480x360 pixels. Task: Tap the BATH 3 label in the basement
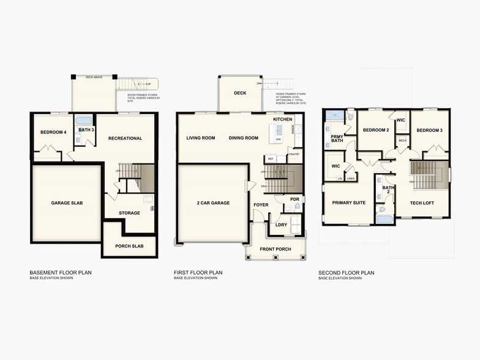pos(85,130)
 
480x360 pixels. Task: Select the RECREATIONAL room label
pos(125,138)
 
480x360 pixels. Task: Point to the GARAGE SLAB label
pos(67,203)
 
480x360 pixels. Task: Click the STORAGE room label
pos(129,213)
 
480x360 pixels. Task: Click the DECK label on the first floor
pos(239,93)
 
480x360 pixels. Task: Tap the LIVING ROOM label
pos(201,138)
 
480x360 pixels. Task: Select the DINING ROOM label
pos(244,138)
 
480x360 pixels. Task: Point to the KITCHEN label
pos(282,119)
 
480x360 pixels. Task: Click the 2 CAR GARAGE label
pos(213,203)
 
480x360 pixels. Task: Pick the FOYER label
pos(261,205)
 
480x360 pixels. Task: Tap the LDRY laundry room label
pos(282,225)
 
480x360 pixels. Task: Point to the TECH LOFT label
pos(422,203)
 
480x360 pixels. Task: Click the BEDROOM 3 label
pos(429,130)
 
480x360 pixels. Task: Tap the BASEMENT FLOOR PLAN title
pos(61,272)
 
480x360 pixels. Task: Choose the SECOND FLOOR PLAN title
pos(346,272)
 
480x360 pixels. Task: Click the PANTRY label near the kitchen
pos(294,154)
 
